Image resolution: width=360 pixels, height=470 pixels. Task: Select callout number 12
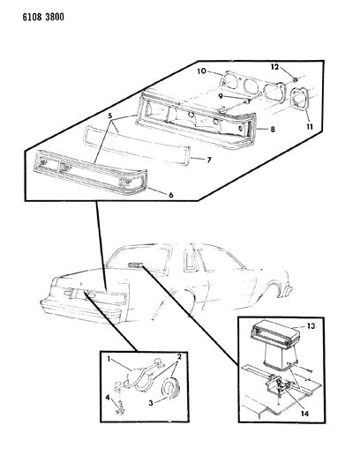tap(274, 68)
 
